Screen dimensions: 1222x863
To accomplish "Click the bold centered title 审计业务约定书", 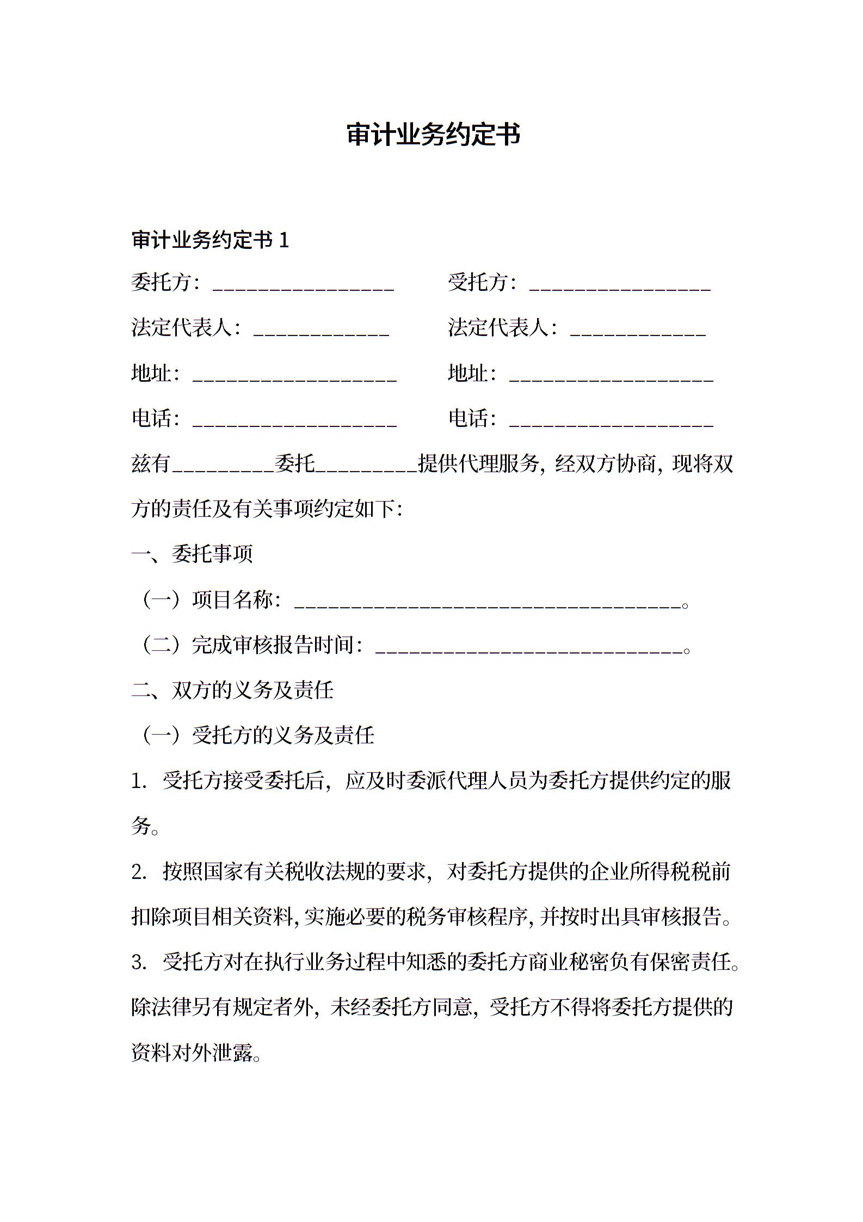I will (x=433, y=135).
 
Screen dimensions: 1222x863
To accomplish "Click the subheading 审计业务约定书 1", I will (x=210, y=240).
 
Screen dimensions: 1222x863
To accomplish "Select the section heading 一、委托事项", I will (x=192, y=554).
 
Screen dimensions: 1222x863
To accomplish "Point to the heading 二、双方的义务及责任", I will (x=232, y=691).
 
